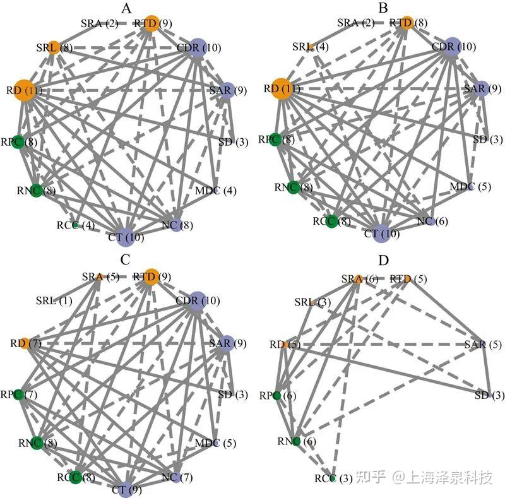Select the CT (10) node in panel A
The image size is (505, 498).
click(x=125, y=237)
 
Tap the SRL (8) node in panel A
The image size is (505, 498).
click(x=54, y=47)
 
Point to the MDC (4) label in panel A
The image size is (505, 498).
click(x=216, y=190)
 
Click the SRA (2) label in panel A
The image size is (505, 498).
click(x=99, y=24)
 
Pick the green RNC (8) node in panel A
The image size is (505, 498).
click(x=36, y=189)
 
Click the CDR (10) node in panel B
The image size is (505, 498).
click(x=451, y=47)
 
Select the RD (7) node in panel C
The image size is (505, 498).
click(x=21, y=343)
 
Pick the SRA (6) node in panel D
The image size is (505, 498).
click(x=357, y=278)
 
